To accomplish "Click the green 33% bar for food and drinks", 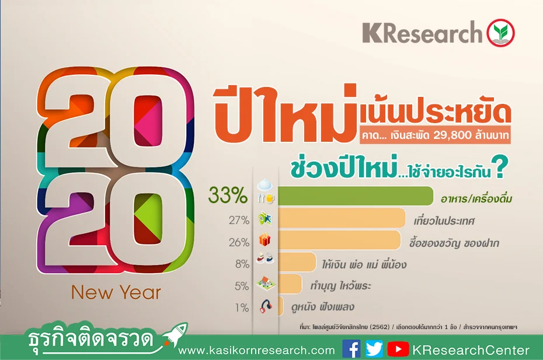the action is (356, 196).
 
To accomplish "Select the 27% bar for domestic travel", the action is (342, 218).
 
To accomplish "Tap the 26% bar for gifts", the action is (339, 240).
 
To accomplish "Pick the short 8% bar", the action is (297, 262).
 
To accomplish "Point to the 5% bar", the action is (290, 284).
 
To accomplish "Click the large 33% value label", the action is (228, 195).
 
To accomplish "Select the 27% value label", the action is (239, 220).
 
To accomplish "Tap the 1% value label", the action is (242, 307).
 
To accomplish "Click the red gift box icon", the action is (265, 240).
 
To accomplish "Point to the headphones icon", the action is (266, 307).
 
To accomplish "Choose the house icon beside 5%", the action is (266, 283).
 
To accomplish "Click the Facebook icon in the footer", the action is (351, 348).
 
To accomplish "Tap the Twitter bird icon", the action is (374, 348).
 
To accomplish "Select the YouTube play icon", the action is (398, 349).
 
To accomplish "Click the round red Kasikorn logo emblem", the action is (500, 33).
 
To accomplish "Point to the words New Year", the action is (116, 292).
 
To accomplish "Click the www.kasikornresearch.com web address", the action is (256, 350).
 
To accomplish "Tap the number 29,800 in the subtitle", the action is (452, 135).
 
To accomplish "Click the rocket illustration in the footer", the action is (175, 334).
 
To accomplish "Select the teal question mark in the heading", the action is (502, 167).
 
